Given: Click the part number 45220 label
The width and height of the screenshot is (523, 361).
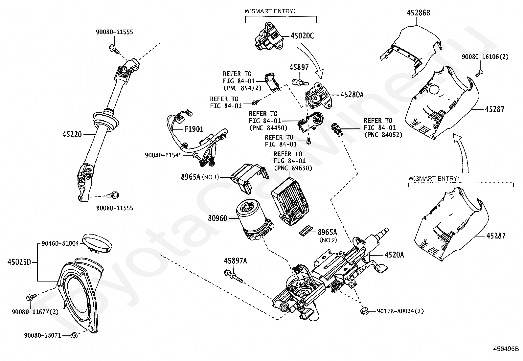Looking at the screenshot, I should tap(72, 134).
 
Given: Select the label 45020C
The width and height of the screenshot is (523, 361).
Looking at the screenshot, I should tap(302, 36).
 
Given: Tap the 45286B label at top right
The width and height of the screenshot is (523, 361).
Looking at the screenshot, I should tap(419, 13).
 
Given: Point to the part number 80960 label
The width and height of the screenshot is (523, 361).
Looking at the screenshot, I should tap(217, 218).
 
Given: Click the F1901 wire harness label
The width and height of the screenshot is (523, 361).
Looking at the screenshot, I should tap(194, 129).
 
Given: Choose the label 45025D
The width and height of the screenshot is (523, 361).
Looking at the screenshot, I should tap(19, 262).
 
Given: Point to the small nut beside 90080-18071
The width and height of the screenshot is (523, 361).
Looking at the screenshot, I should tap(74, 335).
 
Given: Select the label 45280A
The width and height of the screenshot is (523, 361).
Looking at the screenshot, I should tap(352, 95).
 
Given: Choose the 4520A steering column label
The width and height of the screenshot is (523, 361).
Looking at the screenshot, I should tap(394, 255).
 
